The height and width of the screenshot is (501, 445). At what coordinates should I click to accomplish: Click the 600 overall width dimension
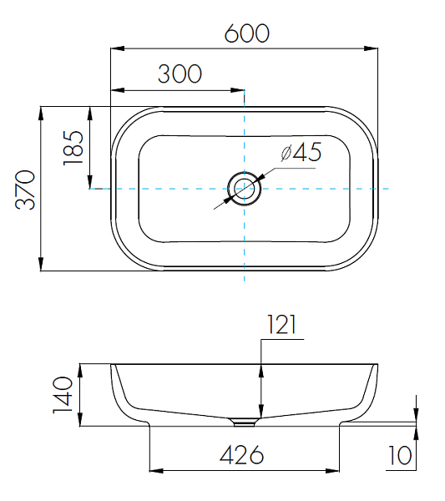[x=247, y=33]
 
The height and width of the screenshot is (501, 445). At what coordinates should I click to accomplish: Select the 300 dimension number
[x=180, y=73]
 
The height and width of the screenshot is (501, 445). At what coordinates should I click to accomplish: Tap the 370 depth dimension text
[x=25, y=190]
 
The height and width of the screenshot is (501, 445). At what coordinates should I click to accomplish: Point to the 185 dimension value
[x=73, y=148]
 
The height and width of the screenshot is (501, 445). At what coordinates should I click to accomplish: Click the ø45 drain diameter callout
[x=301, y=152]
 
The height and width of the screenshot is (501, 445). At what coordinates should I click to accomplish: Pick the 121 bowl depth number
[x=281, y=324]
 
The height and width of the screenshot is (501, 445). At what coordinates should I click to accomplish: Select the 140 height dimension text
[x=63, y=395]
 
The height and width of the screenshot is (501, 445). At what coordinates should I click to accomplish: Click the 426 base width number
[x=242, y=455]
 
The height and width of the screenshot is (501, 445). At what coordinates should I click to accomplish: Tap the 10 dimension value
[x=400, y=455]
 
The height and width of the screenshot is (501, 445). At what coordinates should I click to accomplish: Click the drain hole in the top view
[x=245, y=189]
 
